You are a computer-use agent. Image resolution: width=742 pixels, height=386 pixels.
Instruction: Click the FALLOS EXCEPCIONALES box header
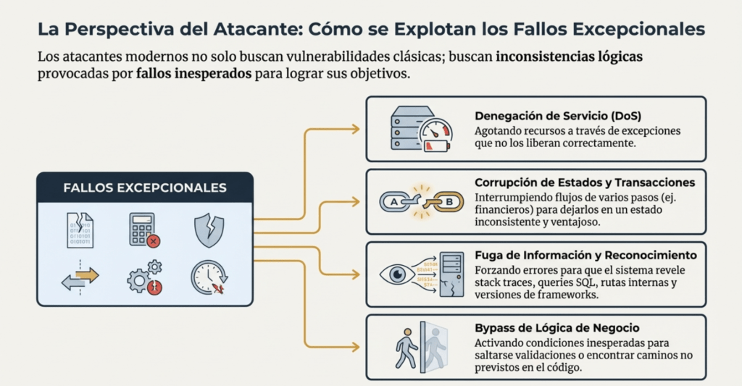tap(145, 188)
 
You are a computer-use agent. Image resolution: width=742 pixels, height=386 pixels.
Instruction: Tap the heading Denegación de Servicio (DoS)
tap(558, 116)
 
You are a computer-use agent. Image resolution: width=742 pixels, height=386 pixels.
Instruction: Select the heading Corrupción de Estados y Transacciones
tap(585, 182)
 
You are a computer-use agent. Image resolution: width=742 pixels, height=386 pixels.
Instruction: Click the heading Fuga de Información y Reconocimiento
tap(585, 255)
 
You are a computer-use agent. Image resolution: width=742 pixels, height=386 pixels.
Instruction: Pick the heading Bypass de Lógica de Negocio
tap(556, 328)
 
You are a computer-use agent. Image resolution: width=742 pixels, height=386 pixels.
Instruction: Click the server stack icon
tap(405, 128)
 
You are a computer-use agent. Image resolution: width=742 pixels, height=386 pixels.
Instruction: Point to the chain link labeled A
tap(395, 202)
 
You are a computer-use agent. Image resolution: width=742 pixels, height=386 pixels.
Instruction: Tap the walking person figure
tap(406, 348)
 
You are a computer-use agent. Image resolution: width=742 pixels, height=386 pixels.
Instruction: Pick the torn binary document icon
tap(80, 230)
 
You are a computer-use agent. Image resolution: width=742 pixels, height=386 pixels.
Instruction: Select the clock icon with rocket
tap(209, 277)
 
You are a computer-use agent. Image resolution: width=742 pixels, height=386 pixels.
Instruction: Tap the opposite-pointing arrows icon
tap(80, 277)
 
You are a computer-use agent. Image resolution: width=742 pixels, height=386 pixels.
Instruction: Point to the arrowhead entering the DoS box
tap(356, 129)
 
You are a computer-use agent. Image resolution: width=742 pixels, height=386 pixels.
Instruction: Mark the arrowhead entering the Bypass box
tap(356, 347)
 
